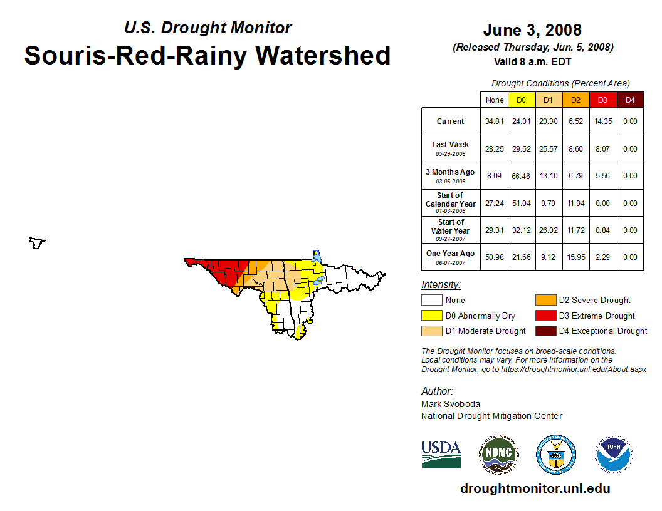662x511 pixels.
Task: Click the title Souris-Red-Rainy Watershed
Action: coord(207,55)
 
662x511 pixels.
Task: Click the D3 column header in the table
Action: coord(602,100)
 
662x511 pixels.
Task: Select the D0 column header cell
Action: coord(522,100)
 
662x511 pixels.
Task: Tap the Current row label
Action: coord(451,121)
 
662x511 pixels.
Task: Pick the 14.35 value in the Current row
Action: coord(602,121)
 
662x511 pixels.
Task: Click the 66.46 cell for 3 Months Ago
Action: coord(522,176)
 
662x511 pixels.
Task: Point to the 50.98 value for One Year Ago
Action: coord(495,257)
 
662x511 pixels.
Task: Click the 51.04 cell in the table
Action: coord(522,203)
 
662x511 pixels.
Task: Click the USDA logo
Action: coord(441,454)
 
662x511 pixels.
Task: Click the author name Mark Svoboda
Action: coord(451,404)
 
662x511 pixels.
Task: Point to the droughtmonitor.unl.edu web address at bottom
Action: coord(535,488)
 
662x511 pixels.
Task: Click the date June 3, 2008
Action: coord(532,30)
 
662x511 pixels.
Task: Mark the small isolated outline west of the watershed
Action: coord(38,243)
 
